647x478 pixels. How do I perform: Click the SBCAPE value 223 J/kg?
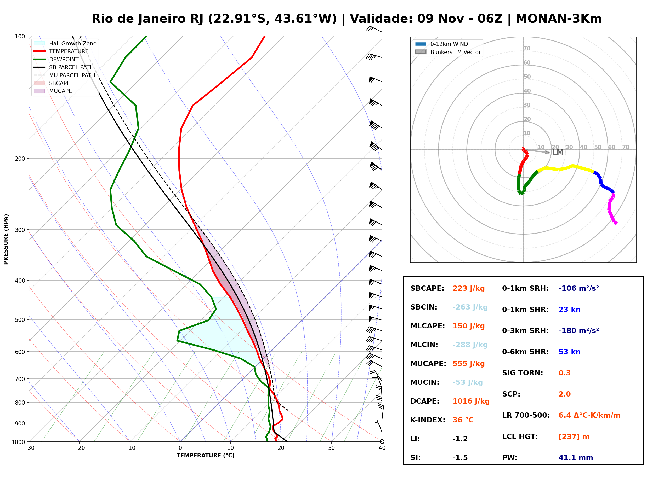pyautogui.click(x=469, y=288)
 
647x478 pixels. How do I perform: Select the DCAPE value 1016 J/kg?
pyautogui.click(x=471, y=401)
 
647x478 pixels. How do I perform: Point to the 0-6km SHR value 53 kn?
pyautogui.click(x=569, y=352)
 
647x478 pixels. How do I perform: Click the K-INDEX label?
pyautogui.click(x=428, y=420)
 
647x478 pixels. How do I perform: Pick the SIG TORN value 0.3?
pyautogui.click(x=564, y=373)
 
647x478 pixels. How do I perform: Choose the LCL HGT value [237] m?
pyautogui.click(x=574, y=437)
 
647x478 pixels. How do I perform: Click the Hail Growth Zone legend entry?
pyautogui.click(x=65, y=43)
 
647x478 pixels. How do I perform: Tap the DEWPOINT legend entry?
pyautogui.click(x=56, y=59)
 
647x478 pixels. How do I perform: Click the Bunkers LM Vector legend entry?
pyautogui.click(x=448, y=52)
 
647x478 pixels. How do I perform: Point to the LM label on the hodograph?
pyautogui.click(x=558, y=153)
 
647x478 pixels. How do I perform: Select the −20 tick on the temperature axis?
pyautogui.click(x=79, y=448)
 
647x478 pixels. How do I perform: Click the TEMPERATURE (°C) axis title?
pyautogui.click(x=205, y=456)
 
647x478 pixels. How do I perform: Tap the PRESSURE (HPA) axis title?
pyautogui.click(x=6, y=239)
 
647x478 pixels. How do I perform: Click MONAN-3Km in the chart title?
pyautogui.click(x=559, y=19)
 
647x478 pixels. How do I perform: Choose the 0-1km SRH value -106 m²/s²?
pyautogui.click(x=579, y=288)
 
